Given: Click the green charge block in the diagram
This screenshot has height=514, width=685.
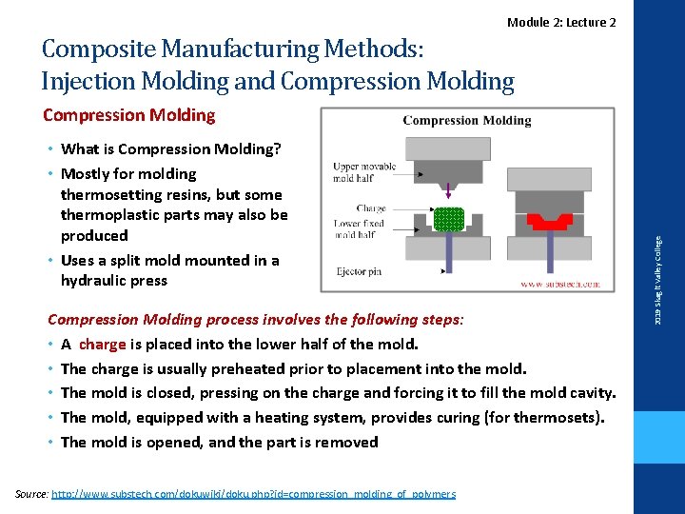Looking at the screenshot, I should [447, 219].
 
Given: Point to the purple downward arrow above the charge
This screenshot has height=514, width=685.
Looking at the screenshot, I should [447, 193].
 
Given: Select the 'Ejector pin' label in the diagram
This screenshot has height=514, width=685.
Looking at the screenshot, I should [359, 271].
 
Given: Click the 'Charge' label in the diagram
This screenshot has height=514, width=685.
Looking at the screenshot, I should [371, 208].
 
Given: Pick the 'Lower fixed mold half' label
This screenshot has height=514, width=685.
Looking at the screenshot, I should [360, 229].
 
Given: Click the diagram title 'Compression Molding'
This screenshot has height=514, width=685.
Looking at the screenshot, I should [467, 121].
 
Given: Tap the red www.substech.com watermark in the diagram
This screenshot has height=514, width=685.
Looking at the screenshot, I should [560, 284].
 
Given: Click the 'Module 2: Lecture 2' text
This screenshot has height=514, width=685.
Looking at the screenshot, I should [561, 22].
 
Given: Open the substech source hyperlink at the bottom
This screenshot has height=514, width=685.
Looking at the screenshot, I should [253, 494].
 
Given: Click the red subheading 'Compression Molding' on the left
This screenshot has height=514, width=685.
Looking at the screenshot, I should [129, 115].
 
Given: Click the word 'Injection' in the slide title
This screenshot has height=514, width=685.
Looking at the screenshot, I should [88, 81].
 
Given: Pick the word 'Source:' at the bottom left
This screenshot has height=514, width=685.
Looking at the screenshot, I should [32, 494].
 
